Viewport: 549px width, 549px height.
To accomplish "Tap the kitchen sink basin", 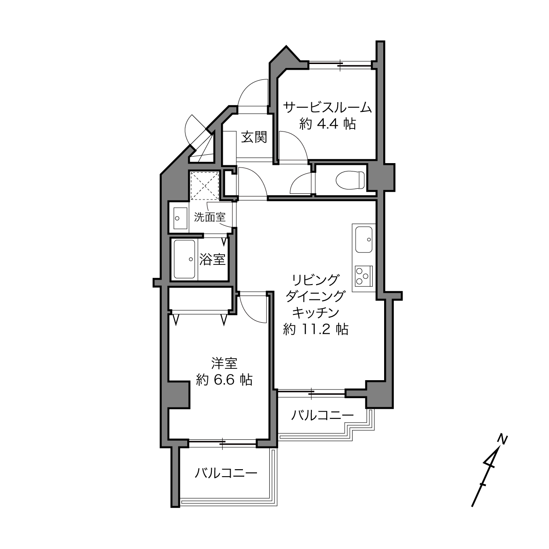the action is (364, 239).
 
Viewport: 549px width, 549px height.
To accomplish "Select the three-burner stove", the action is (364, 276).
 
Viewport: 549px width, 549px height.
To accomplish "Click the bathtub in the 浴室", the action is (184, 259).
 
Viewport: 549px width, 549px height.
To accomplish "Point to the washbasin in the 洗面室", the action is (180, 218).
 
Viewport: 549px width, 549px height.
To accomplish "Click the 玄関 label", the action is (254, 137).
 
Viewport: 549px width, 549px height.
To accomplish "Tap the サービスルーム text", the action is (328, 108).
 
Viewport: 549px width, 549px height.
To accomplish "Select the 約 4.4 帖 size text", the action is (328, 124).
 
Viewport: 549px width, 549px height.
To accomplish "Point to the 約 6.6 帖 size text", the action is (225, 380).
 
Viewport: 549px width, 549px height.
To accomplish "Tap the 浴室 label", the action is (212, 259).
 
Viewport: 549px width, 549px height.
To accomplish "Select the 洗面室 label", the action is (210, 217).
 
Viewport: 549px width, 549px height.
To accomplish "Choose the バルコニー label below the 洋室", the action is (226, 474).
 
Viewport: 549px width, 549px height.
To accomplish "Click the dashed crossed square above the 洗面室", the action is (204, 186).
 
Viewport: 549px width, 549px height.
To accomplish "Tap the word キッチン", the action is (316, 313).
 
